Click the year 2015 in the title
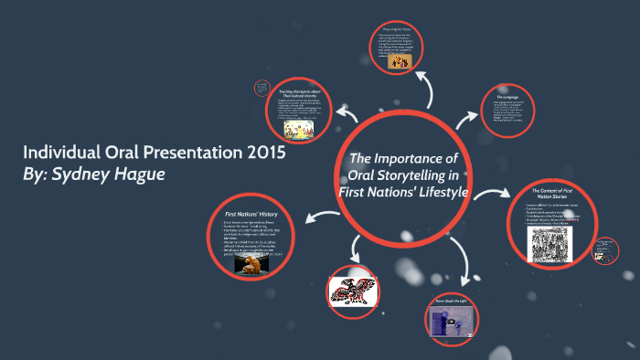(260, 153)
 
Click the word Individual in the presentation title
(61, 153)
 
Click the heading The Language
(509, 96)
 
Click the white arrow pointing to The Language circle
(466, 118)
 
